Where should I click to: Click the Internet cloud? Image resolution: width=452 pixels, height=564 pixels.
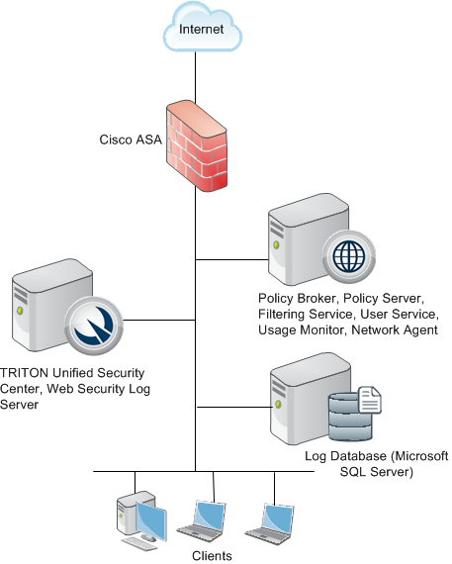pyautogui.click(x=203, y=28)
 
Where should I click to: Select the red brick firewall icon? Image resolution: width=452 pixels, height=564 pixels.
pyautogui.click(x=197, y=146)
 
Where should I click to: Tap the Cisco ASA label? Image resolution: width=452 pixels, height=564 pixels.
pyautogui.click(x=131, y=140)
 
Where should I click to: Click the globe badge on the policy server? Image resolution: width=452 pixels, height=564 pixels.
pyautogui.click(x=349, y=257)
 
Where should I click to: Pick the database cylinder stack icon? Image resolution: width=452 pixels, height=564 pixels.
pyautogui.click(x=350, y=417)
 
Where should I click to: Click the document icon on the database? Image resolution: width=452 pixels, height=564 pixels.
pyautogui.click(x=370, y=400)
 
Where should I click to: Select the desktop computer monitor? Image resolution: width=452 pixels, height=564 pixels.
pyautogui.click(x=151, y=520)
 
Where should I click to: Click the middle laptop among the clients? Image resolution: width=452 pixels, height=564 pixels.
pyautogui.click(x=203, y=520)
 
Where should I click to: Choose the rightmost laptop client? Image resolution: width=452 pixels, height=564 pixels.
pyautogui.click(x=270, y=523)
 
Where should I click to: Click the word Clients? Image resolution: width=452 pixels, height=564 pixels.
pyautogui.click(x=212, y=556)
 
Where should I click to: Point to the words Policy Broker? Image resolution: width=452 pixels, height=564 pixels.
pyautogui.click(x=298, y=298)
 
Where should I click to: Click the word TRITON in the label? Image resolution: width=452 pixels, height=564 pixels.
pyautogui.click(x=24, y=373)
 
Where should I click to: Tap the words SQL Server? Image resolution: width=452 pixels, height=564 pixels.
pyautogui.click(x=377, y=472)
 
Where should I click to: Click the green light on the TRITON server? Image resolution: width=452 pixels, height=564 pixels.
pyautogui.click(x=20, y=310)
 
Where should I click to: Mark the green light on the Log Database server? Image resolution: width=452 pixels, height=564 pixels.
pyautogui.click(x=278, y=404)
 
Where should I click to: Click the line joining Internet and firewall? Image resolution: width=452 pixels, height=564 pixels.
pyautogui.click(x=195, y=76)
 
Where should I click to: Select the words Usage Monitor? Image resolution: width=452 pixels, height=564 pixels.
pyautogui.click(x=301, y=329)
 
